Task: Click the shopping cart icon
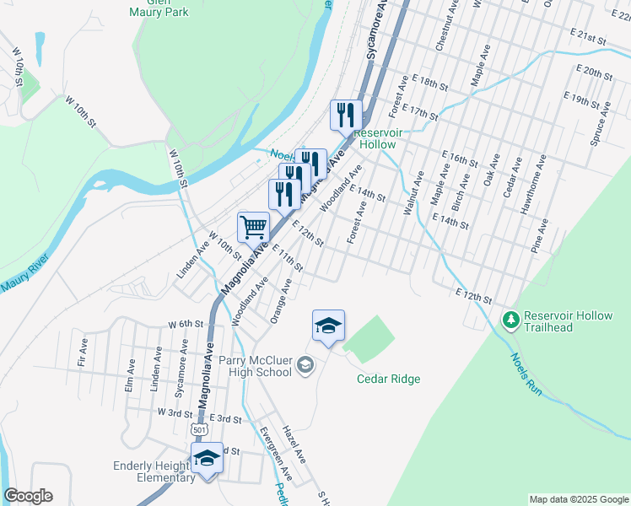pos(253,226)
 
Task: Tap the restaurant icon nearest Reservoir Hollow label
pos(346,115)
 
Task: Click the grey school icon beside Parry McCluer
pos(305,364)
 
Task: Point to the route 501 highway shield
pos(199,429)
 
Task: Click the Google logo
pos(28,496)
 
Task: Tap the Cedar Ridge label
pos(387,379)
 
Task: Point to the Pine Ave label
pos(542,236)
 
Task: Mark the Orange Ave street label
pos(281,302)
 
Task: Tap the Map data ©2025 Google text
pos(578,498)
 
